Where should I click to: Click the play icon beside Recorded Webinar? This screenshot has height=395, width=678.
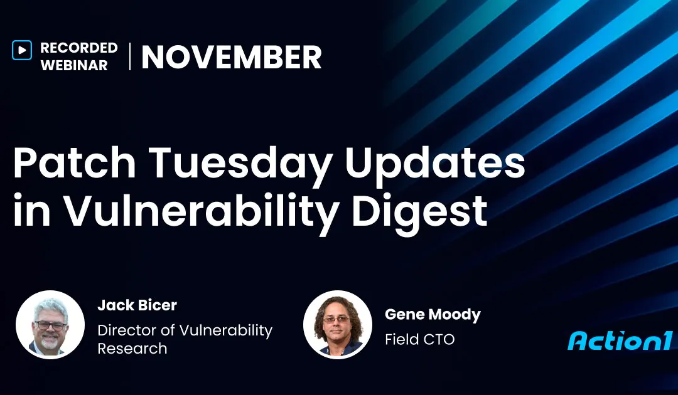pyautogui.click(x=21, y=50)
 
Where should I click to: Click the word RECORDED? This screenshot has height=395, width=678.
pyautogui.click(x=78, y=48)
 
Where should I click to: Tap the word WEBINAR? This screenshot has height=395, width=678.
pyautogui.click(x=73, y=65)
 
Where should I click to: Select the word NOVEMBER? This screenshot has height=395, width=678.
pyautogui.click(x=231, y=58)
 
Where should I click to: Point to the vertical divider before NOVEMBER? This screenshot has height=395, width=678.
pyautogui.click(x=130, y=56)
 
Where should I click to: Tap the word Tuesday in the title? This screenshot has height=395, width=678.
pyautogui.click(x=231, y=164)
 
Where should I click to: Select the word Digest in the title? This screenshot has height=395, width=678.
pyautogui.click(x=419, y=212)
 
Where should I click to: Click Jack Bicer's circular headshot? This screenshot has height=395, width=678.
pyautogui.click(x=50, y=324)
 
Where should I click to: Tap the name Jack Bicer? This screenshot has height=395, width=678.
pyautogui.click(x=137, y=305)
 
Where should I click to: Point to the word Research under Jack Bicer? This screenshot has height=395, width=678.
pyautogui.click(x=132, y=348)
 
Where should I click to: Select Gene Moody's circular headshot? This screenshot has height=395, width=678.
pyautogui.click(x=337, y=324)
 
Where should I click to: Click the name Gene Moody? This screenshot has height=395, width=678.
pyautogui.click(x=433, y=315)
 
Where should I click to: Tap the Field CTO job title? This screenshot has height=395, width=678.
pyautogui.click(x=419, y=339)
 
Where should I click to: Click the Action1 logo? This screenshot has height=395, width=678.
pyautogui.click(x=620, y=340)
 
